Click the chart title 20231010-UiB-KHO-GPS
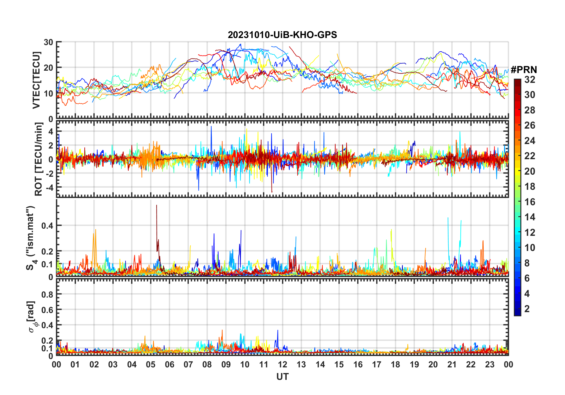[x=282, y=35]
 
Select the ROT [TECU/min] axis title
[x=39, y=159]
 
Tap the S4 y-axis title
[x=31, y=238]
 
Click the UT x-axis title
[x=282, y=377]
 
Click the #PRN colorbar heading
[x=524, y=69]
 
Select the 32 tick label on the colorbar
[x=530, y=80]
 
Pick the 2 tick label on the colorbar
[x=527, y=309]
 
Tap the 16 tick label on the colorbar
[x=530, y=202]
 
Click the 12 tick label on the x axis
[x=282, y=364]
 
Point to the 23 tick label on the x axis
[x=490, y=364]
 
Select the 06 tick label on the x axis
[x=170, y=364]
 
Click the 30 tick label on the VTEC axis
[x=48, y=42]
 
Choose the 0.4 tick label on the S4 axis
[x=47, y=225]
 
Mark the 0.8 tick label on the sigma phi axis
[x=47, y=294]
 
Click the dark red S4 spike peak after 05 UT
[x=157, y=206]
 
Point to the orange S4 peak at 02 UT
[x=96, y=230]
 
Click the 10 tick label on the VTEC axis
[x=48, y=94]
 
